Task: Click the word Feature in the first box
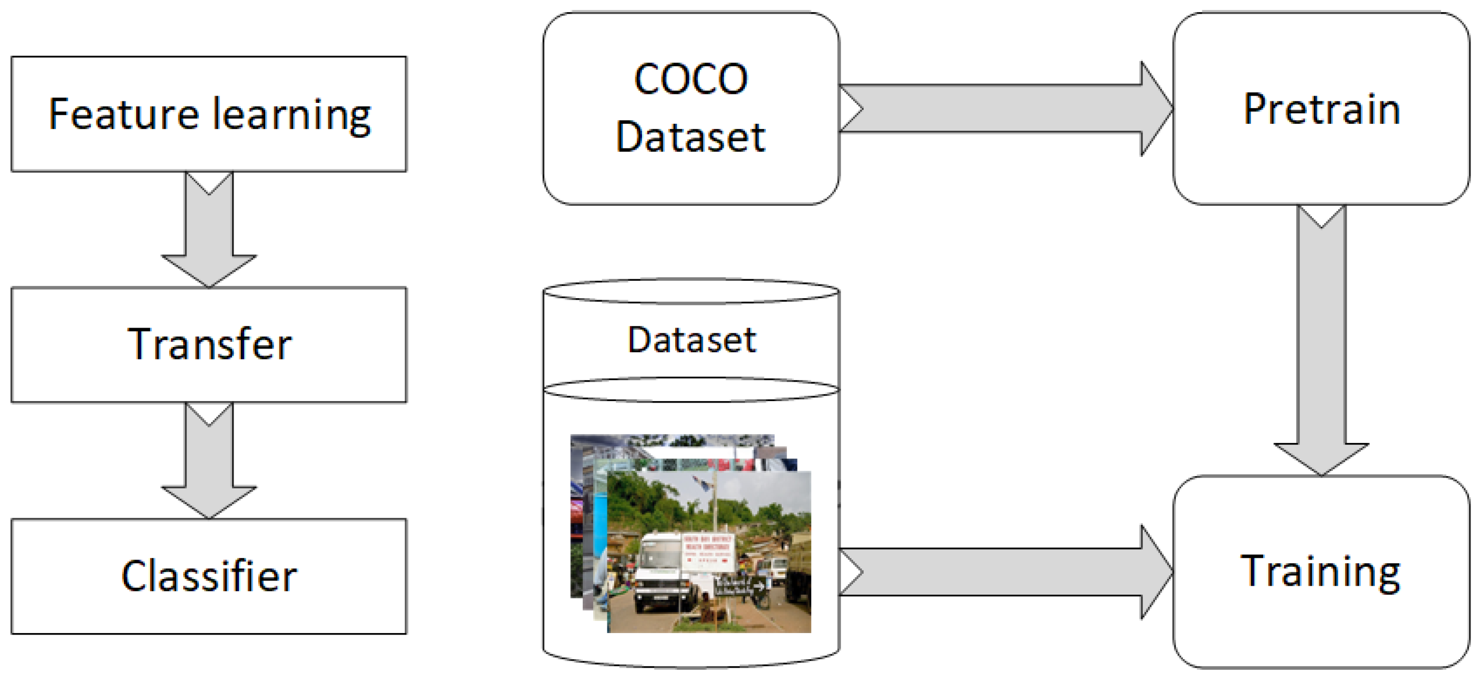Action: [123, 114]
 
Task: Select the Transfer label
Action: [209, 344]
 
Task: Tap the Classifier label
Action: [209, 576]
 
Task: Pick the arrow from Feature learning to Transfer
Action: [209, 230]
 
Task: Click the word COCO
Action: [690, 79]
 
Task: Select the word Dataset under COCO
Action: [690, 138]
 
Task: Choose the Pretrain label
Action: [1321, 109]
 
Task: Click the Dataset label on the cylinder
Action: [691, 340]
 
